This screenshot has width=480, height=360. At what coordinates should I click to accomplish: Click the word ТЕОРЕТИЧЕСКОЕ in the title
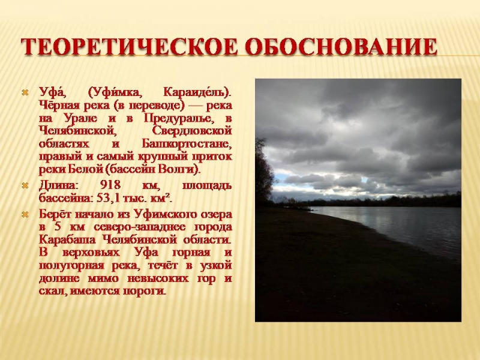pos(129,47)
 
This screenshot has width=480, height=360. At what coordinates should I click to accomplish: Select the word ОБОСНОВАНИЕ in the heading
pos(341,47)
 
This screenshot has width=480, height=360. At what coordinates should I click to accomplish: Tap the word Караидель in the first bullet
pos(197,92)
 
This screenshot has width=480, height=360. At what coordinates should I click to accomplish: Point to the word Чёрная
pos(58,105)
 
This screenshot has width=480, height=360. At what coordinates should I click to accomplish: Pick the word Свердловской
pos(192,131)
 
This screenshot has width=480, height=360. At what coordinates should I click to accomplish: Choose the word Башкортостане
pos(187,143)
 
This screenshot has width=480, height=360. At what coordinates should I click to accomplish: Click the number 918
pos(110,185)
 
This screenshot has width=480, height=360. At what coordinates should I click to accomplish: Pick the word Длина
pos(57,185)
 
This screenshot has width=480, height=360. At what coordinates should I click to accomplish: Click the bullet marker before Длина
pos(25,185)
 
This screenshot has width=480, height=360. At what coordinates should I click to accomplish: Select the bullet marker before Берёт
pos(25,215)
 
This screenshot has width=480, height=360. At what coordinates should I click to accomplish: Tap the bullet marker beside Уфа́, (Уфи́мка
pos(25,92)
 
